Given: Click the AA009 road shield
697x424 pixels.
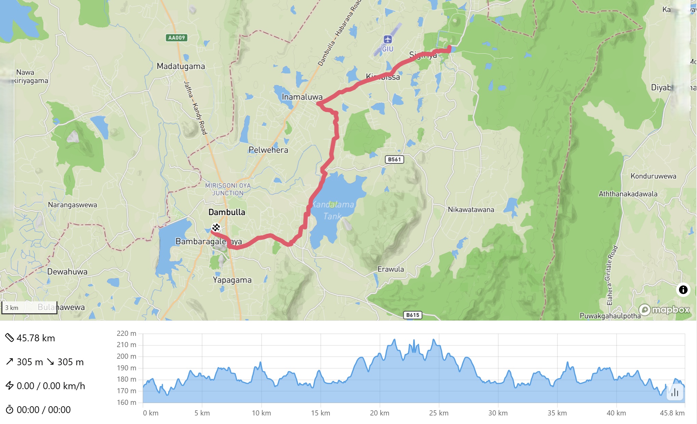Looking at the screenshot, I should point(176,38).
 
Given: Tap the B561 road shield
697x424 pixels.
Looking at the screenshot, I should point(394,159).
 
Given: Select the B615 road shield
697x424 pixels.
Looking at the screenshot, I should point(412,315).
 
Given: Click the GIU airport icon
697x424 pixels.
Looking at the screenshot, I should point(387,39).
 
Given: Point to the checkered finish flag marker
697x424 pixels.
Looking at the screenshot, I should point(216,227).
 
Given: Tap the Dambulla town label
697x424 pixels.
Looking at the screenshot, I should point(227,212).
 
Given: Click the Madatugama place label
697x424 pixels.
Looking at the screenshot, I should point(181,66).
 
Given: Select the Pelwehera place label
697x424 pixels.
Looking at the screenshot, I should point(268,150).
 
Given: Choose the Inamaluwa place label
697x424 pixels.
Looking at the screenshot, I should point(302,97).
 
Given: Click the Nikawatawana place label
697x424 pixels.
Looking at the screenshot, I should point(471,209).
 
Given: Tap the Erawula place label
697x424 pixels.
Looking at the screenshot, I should point(391,269).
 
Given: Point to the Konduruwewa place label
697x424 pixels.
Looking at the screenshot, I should point(653,176).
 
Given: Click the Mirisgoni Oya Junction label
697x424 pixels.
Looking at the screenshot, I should point(228,189).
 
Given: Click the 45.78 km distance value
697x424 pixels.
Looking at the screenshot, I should point(36,338).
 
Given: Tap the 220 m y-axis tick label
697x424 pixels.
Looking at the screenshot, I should point(126,333).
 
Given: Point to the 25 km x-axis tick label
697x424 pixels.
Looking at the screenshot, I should point(438,413).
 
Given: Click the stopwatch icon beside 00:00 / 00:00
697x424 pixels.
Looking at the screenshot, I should point(10,410).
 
